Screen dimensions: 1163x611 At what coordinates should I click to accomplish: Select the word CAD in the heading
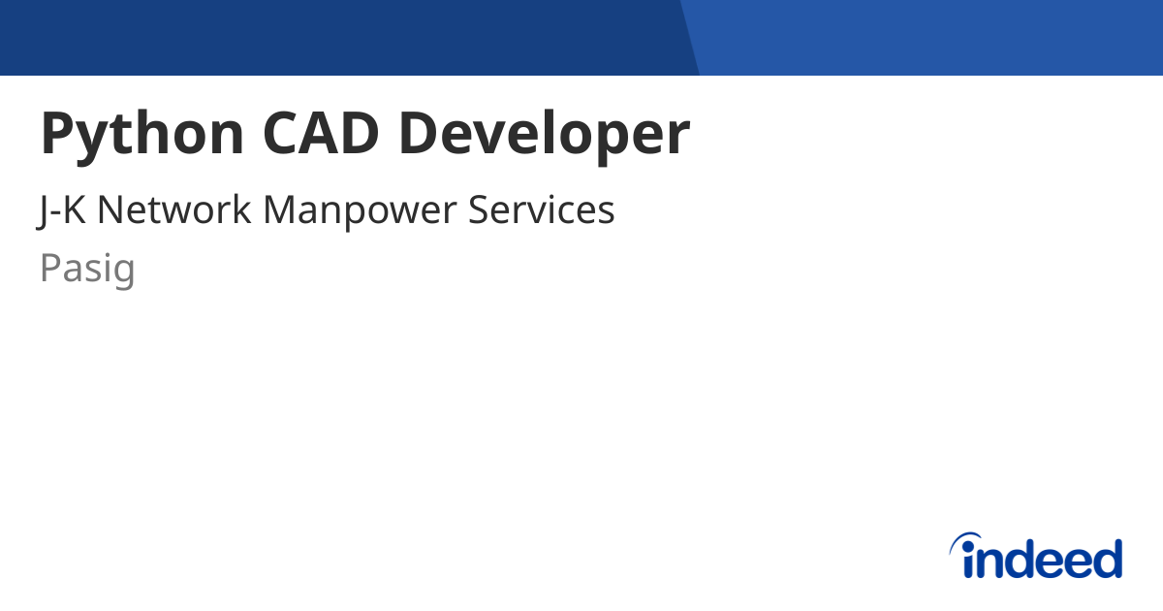tap(321, 133)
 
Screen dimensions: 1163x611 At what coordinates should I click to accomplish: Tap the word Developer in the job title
tap(545, 136)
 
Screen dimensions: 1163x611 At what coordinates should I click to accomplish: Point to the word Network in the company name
tap(173, 209)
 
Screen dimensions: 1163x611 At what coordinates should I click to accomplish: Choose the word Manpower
tap(360, 212)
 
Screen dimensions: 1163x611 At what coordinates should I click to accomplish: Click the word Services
tap(542, 209)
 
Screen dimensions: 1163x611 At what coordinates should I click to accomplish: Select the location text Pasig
tap(87, 270)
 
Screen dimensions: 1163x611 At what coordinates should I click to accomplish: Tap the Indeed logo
tap(1036, 556)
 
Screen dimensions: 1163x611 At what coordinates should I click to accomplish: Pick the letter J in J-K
tap(43, 211)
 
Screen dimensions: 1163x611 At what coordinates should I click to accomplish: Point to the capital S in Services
tap(479, 209)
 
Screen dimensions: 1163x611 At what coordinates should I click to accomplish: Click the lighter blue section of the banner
tap(929, 38)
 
